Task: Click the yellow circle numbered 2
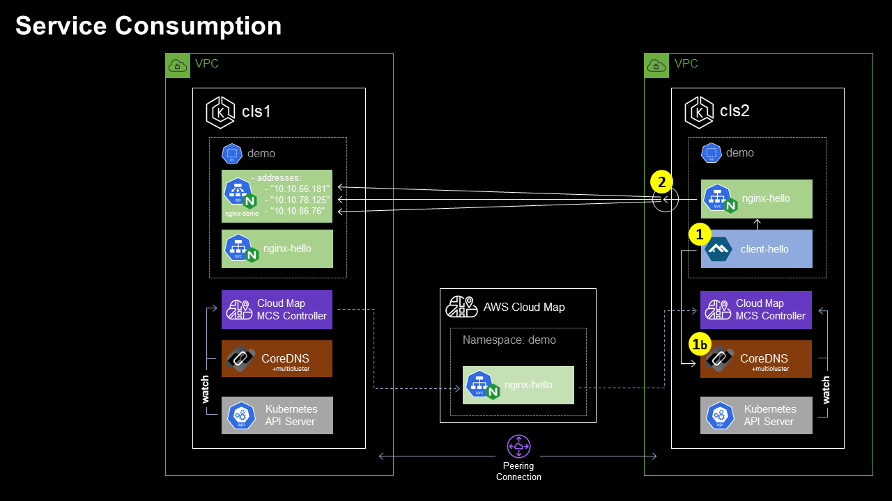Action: [x=661, y=182]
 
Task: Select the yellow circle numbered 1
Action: [x=700, y=234]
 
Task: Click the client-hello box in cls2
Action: [x=756, y=249]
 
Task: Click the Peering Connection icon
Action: [x=518, y=445]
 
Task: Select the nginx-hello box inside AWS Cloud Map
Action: [x=518, y=385]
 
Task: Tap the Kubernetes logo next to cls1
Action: [x=220, y=113]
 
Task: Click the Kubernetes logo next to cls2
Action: [x=699, y=113]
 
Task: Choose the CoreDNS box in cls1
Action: [x=277, y=359]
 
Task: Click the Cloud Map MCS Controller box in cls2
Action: [x=756, y=310]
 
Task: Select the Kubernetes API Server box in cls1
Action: [x=277, y=415]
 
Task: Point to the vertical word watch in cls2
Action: [x=826, y=390]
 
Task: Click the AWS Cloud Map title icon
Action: [x=461, y=307]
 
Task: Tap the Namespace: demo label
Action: [x=509, y=340]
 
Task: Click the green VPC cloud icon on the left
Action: [x=178, y=65]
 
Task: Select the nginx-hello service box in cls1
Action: [x=277, y=249]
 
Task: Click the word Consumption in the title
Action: [x=198, y=26]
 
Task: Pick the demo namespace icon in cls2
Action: [x=711, y=153]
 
